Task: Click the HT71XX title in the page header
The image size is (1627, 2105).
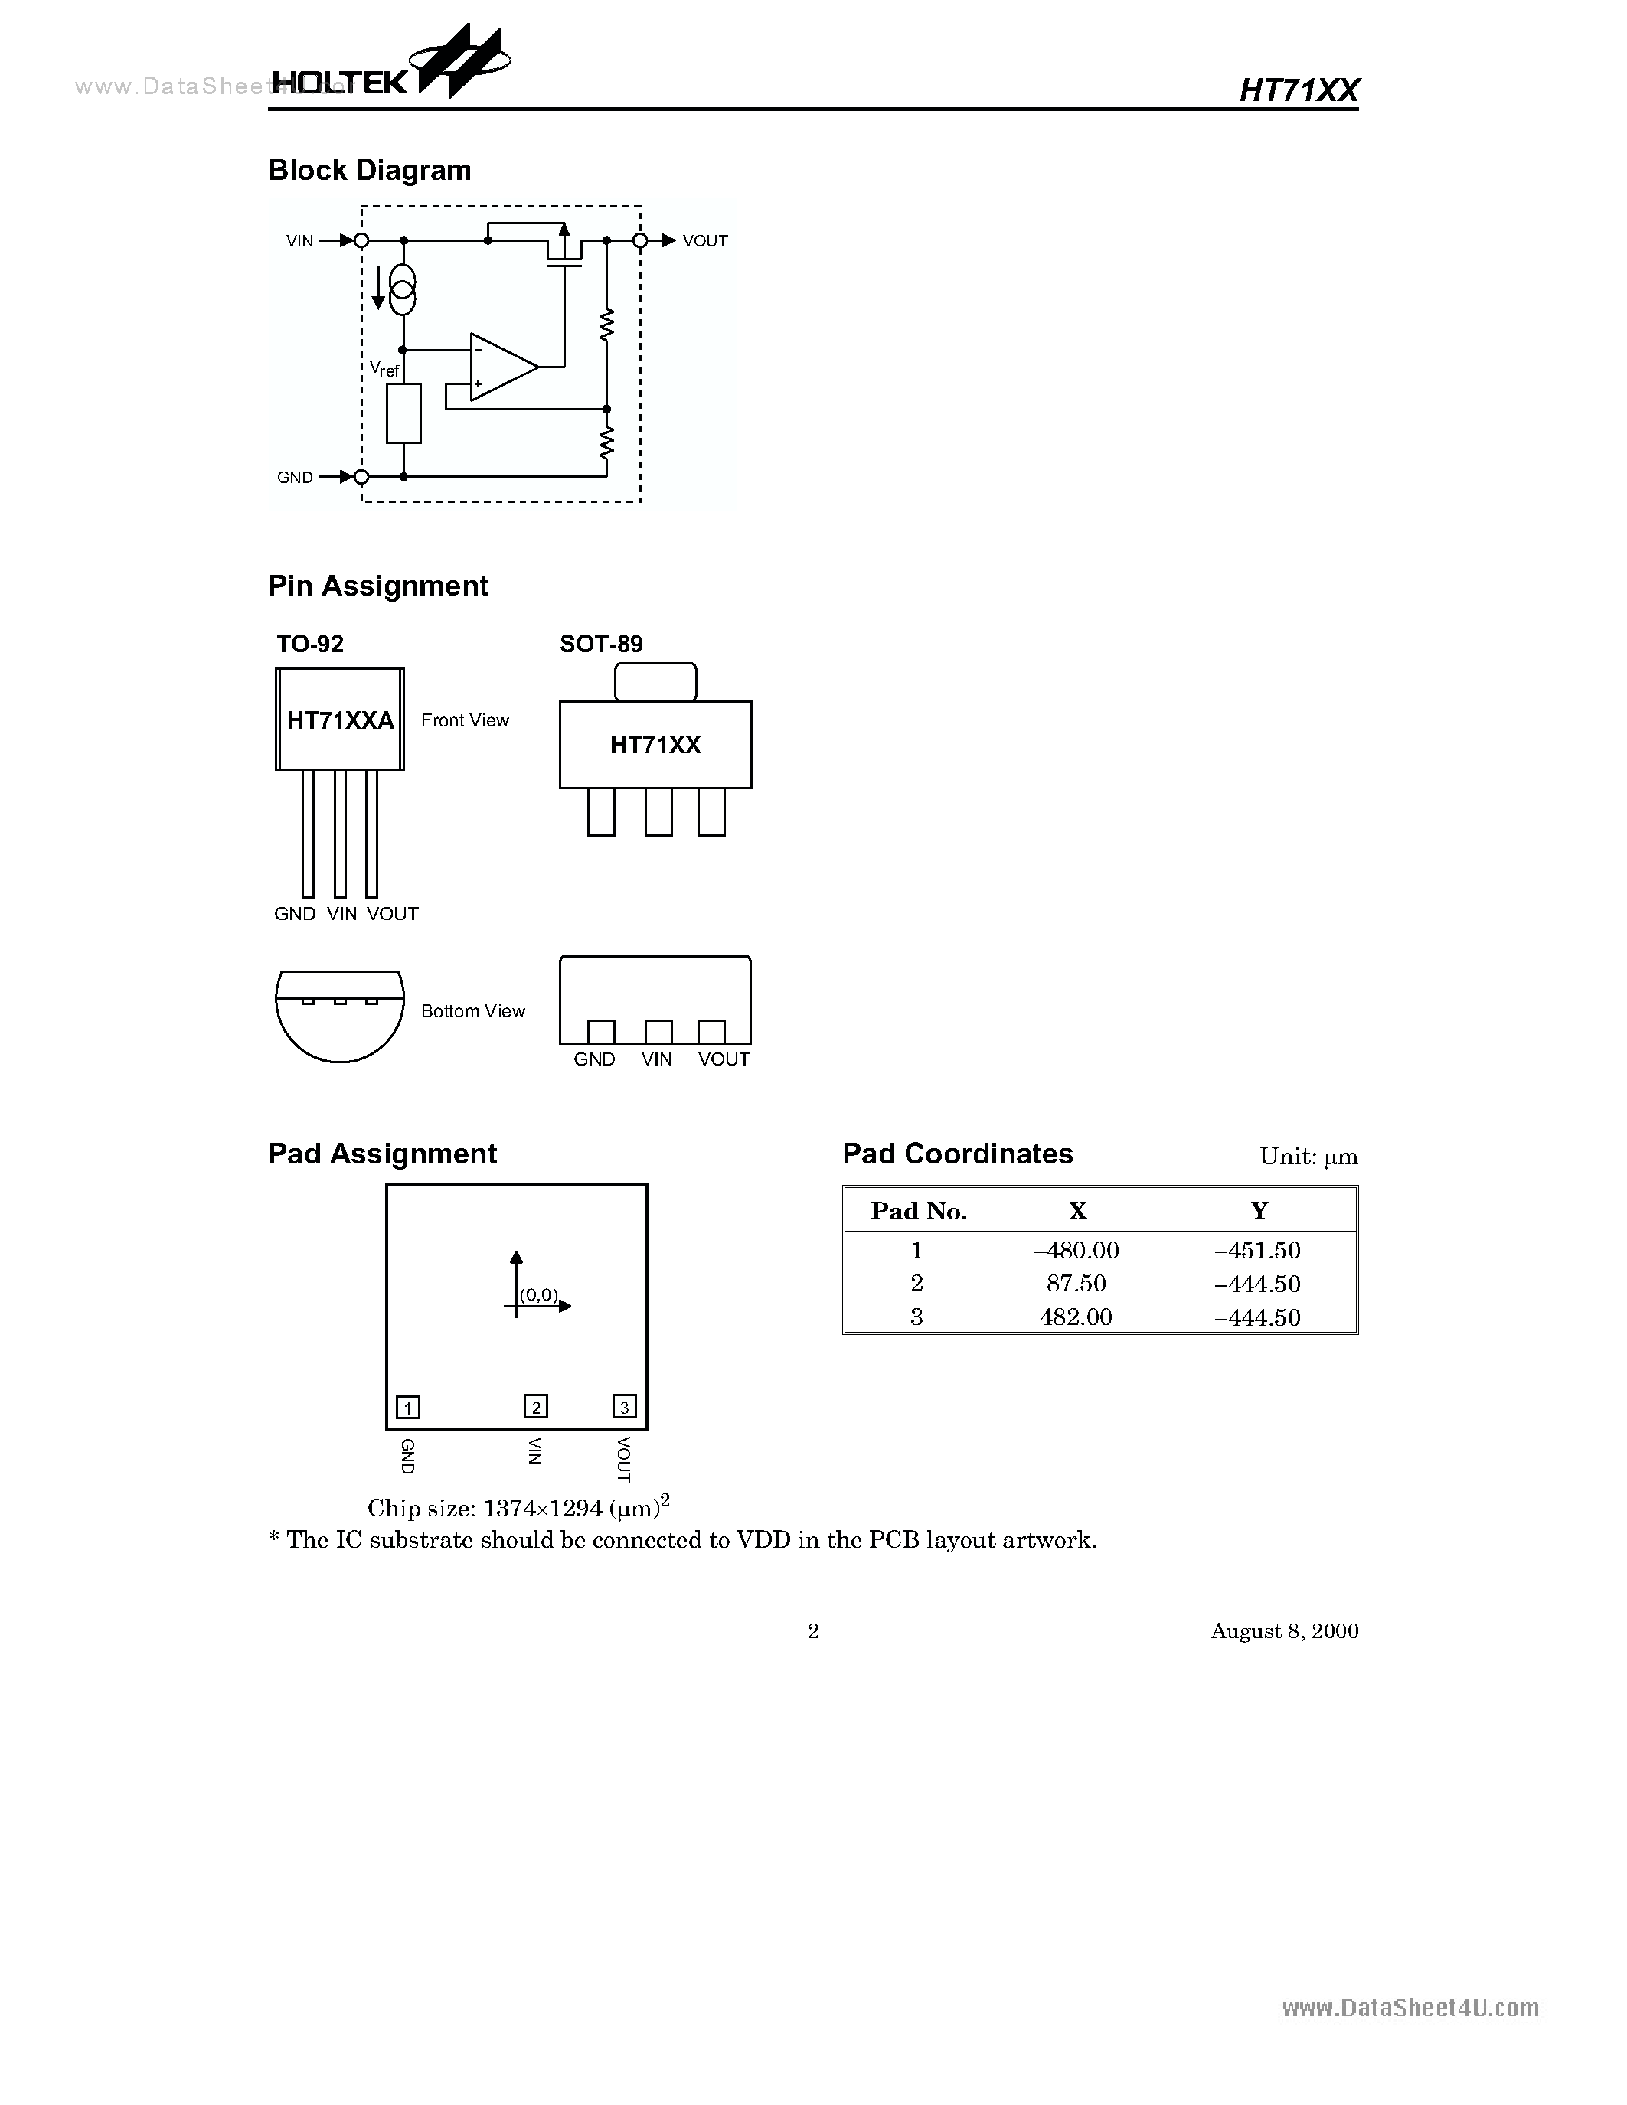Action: tap(1299, 90)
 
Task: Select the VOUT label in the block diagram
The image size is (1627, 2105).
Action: tap(704, 241)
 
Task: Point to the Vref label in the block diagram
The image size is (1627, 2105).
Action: tap(384, 369)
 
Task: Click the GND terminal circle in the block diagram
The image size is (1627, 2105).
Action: tap(361, 477)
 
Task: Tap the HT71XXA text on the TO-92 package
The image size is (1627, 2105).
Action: tap(340, 720)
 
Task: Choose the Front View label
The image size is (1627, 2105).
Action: tap(465, 720)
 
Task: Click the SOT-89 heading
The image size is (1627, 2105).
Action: tap(600, 644)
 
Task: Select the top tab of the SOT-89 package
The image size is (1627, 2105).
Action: tap(655, 681)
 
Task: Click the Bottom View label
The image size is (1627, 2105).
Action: tap(472, 1011)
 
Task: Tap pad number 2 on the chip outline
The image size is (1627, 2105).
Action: tap(536, 1407)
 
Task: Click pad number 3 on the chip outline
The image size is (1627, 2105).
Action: tap(625, 1407)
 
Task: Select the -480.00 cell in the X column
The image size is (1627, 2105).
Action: tap(1076, 1251)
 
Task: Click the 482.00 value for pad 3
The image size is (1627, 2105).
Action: tap(1076, 1317)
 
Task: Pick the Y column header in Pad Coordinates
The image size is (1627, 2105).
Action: tap(1259, 1211)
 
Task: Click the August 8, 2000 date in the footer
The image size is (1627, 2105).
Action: tap(1284, 1630)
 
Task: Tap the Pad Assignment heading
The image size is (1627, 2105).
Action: tap(383, 1154)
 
